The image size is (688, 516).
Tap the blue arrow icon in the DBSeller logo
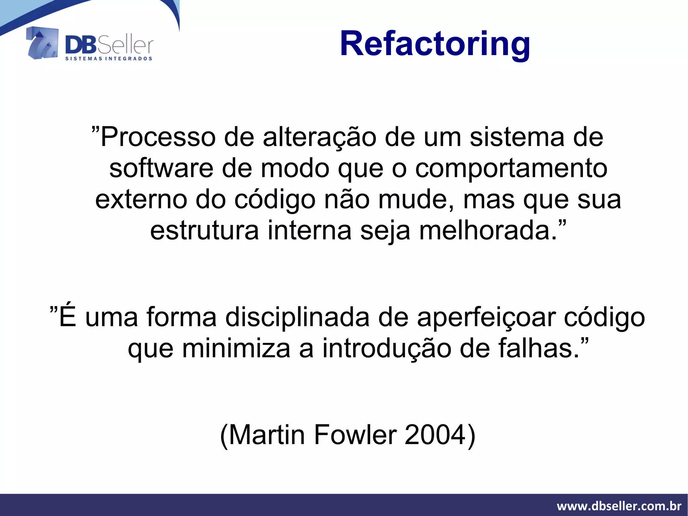coord(42,43)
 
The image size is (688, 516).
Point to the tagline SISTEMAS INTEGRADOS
coord(109,58)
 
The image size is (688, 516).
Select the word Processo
coord(158,137)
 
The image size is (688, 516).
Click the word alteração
coord(319,137)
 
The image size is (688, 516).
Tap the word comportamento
coord(511,169)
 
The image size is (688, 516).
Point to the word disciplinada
coord(297,317)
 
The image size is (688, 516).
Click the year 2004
coord(435,435)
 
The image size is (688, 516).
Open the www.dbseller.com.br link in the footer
coord(619,506)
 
